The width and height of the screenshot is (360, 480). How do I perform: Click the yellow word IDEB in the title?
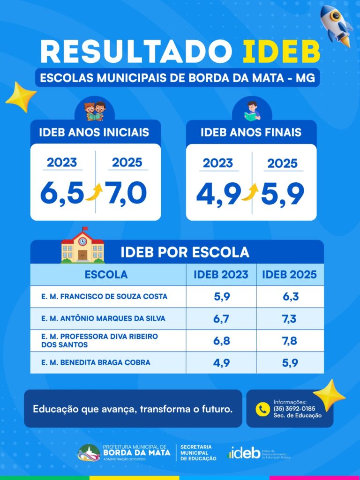point(281,52)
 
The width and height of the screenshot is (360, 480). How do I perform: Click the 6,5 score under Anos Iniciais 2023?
point(62,193)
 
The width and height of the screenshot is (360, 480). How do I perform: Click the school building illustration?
point(82,245)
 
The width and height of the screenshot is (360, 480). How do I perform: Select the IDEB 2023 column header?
point(221,275)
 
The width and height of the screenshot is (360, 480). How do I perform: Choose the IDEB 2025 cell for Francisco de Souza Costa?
point(290,297)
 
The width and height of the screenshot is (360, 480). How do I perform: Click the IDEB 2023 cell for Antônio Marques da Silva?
point(221,319)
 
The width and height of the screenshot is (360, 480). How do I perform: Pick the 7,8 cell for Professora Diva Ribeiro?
point(290,341)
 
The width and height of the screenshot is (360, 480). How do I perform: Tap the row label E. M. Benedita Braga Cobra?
point(96,362)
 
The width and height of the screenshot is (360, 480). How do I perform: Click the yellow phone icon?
point(262,409)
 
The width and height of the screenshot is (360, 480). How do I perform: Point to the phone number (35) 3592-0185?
point(294,409)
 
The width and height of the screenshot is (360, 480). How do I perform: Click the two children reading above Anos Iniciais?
point(95,111)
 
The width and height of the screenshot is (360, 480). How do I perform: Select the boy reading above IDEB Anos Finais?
point(252,111)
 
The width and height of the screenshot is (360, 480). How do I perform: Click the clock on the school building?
point(82,241)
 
